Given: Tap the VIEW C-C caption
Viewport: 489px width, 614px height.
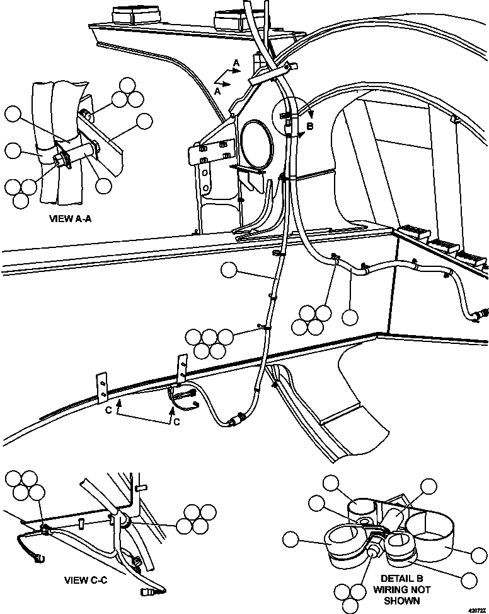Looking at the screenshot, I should pyautogui.click(x=86, y=580).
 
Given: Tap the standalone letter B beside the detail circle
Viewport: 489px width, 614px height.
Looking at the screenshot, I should pyautogui.click(x=309, y=126).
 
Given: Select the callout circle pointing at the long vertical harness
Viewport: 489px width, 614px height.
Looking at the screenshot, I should pyautogui.click(x=229, y=271).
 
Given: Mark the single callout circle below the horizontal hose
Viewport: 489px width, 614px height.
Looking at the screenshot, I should pyautogui.click(x=350, y=316).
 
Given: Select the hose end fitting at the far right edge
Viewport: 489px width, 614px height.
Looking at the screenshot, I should pyautogui.click(x=482, y=312).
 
